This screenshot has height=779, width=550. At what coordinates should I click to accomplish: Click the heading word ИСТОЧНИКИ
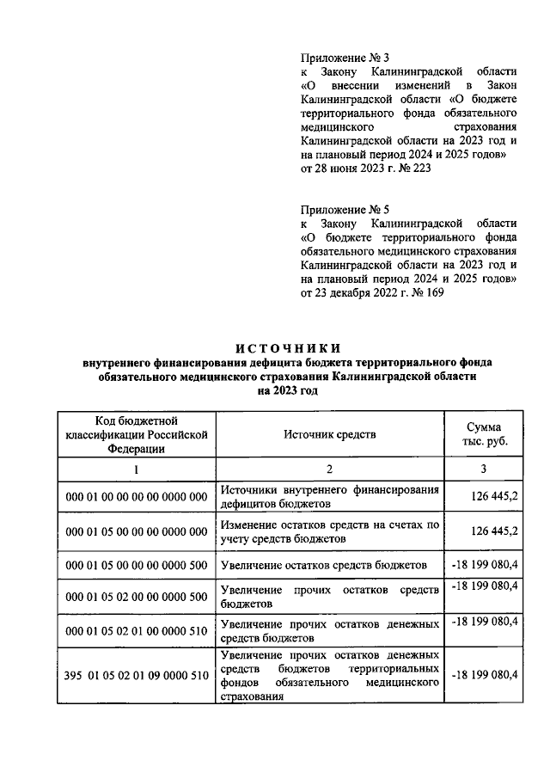pyautogui.click(x=288, y=348)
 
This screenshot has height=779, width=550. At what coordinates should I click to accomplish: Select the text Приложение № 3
pyautogui.click(x=341, y=57)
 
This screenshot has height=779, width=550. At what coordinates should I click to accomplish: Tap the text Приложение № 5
pyautogui.click(x=341, y=209)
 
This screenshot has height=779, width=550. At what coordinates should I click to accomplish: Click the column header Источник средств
pyautogui.click(x=330, y=434)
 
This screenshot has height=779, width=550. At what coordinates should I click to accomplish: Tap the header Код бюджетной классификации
pyautogui.click(x=136, y=434)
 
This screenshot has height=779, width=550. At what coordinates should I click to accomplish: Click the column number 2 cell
pyautogui.click(x=330, y=469)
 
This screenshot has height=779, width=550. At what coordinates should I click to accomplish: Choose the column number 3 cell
pyautogui.click(x=482, y=469)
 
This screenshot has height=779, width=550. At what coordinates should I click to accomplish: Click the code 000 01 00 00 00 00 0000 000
pyautogui.click(x=136, y=496)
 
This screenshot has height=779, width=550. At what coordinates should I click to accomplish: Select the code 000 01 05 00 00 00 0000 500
pyautogui.click(x=136, y=565)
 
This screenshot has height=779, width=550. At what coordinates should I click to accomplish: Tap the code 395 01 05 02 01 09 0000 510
pyautogui.click(x=136, y=675)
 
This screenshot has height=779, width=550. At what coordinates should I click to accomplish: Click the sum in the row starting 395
pyautogui.click(x=484, y=675)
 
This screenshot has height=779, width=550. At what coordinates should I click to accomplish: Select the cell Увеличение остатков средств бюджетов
pyautogui.click(x=323, y=565)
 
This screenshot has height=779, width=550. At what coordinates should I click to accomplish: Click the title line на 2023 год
pyautogui.click(x=288, y=391)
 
